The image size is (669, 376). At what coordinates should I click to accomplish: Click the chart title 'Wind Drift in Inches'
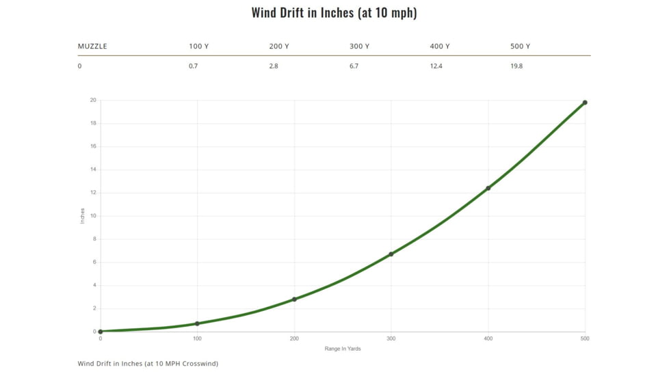point(334,13)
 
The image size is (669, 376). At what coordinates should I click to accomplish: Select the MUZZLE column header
point(92,46)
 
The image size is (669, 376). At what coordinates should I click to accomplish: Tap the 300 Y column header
point(359,46)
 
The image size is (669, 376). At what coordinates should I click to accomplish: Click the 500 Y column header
point(520,46)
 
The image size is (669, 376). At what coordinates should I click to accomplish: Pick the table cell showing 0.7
point(193,66)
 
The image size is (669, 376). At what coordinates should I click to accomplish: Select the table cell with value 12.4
point(436,66)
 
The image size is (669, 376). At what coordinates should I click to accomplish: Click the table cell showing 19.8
point(516,66)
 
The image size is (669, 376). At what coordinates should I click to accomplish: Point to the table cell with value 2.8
point(274,66)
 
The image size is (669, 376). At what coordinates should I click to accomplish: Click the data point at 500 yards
point(585,103)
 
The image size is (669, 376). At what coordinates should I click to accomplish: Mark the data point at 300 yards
point(391,254)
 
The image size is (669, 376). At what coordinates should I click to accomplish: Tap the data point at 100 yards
point(197,323)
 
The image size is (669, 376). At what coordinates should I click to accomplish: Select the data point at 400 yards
point(488,188)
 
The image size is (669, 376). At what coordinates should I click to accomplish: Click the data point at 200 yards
point(294,299)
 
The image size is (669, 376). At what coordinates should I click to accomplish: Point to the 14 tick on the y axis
point(93,170)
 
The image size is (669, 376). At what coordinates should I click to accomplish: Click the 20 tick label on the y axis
point(93,100)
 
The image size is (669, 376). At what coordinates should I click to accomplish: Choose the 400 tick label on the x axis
point(488,338)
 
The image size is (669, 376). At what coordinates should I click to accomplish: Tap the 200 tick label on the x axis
point(294,338)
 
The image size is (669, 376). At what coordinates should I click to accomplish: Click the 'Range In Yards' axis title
point(343,349)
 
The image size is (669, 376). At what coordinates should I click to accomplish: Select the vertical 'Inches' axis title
point(83,216)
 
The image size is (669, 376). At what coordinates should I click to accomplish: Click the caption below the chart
point(148,364)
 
